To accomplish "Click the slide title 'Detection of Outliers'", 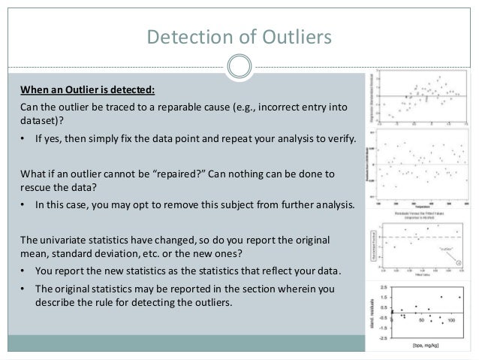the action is click(239, 35).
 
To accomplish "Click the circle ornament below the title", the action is click(239, 67).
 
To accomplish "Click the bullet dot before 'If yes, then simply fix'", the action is click(24, 141).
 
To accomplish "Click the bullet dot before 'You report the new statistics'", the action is click(24, 272).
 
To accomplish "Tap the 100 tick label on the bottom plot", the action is click(450, 321).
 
